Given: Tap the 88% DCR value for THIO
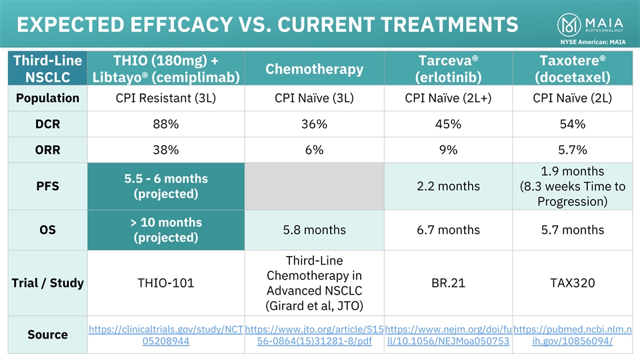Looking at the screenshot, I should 166,125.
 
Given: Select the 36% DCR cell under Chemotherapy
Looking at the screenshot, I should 315,125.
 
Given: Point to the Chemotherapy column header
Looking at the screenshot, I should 315,69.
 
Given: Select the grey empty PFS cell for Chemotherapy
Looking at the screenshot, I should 315,186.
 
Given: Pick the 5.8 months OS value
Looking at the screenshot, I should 315,230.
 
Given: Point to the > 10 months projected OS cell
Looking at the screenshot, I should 166,230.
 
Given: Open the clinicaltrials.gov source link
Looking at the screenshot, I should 166,335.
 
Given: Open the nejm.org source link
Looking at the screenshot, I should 448,335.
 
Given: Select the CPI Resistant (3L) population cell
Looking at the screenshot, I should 166,99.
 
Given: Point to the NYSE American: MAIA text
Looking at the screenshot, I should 592,41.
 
